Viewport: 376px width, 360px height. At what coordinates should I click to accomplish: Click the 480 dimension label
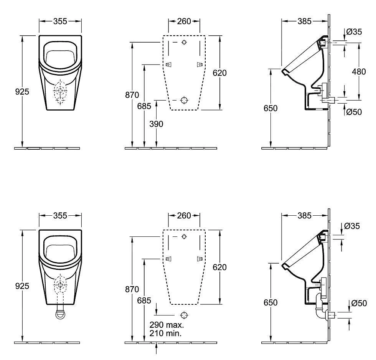[x=359, y=71]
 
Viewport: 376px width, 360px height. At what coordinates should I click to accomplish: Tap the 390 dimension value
[x=156, y=124]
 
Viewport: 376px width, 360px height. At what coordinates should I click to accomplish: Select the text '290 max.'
[x=167, y=325]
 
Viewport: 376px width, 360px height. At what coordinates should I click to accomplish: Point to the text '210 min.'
[x=166, y=333]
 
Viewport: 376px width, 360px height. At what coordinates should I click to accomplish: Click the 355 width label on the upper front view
[x=60, y=21]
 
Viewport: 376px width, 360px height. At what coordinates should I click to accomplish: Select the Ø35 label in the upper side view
[x=353, y=32]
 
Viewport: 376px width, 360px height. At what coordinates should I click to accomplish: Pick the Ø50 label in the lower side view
[x=359, y=303]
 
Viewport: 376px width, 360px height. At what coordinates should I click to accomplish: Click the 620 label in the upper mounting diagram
[x=220, y=73]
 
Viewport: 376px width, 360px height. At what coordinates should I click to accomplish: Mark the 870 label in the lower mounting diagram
[x=132, y=290]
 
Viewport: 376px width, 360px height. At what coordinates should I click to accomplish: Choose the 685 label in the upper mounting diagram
[x=144, y=106]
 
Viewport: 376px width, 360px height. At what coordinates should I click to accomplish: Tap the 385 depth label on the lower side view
[x=304, y=216]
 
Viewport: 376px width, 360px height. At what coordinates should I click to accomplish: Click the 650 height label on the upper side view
[x=270, y=108]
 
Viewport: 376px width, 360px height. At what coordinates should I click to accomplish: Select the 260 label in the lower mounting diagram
[x=184, y=216]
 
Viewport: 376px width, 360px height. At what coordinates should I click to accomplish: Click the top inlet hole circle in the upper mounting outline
[x=184, y=42]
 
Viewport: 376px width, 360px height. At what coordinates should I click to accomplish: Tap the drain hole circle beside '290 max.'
[x=184, y=315]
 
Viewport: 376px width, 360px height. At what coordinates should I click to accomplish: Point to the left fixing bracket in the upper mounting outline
[x=168, y=65]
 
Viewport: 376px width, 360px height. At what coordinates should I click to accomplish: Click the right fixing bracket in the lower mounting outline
[x=199, y=259]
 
